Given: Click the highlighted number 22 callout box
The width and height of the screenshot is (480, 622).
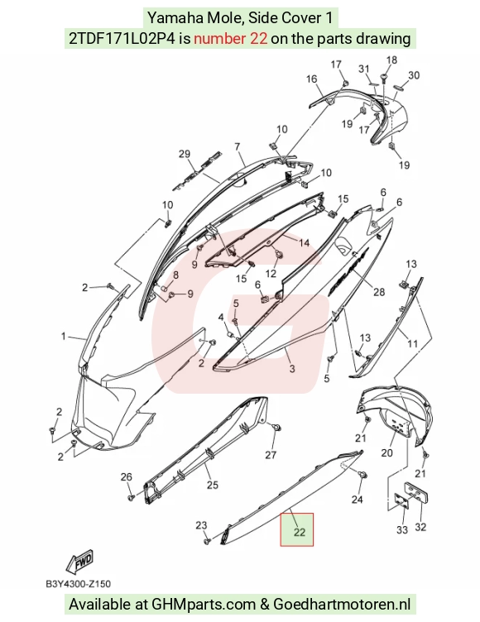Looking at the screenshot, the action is [297, 529].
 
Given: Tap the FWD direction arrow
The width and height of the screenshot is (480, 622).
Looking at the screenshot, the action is [80, 562].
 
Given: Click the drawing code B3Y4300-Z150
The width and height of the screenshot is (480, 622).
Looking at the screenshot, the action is [79, 584].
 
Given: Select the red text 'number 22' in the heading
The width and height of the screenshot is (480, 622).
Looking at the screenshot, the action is [230, 39].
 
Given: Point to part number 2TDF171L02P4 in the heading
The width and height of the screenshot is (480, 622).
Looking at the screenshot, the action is [122, 39].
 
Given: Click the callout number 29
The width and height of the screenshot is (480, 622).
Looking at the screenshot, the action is [185, 154].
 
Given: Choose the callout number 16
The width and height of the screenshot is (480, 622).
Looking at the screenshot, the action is [312, 79].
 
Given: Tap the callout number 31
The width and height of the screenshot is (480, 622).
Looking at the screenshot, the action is [364, 69].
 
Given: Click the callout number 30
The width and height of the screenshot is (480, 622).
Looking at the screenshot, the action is [414, 75].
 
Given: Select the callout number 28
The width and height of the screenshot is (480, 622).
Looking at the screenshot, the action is [379, 292].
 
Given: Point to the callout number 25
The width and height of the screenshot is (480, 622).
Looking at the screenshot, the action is [213, 485].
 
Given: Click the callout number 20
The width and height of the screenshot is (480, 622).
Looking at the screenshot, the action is [387, 452].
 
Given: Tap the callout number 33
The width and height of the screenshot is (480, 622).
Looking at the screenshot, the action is [402, 529].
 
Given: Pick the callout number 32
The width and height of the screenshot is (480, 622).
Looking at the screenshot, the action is [420, 527].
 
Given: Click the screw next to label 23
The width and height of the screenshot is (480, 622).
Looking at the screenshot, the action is [207, 541].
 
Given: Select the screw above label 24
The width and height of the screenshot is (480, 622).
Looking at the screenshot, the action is [362, 474].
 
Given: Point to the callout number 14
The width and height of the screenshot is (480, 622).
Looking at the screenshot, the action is [304, 242].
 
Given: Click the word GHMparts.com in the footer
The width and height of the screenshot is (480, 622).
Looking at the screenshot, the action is [204, 604].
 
